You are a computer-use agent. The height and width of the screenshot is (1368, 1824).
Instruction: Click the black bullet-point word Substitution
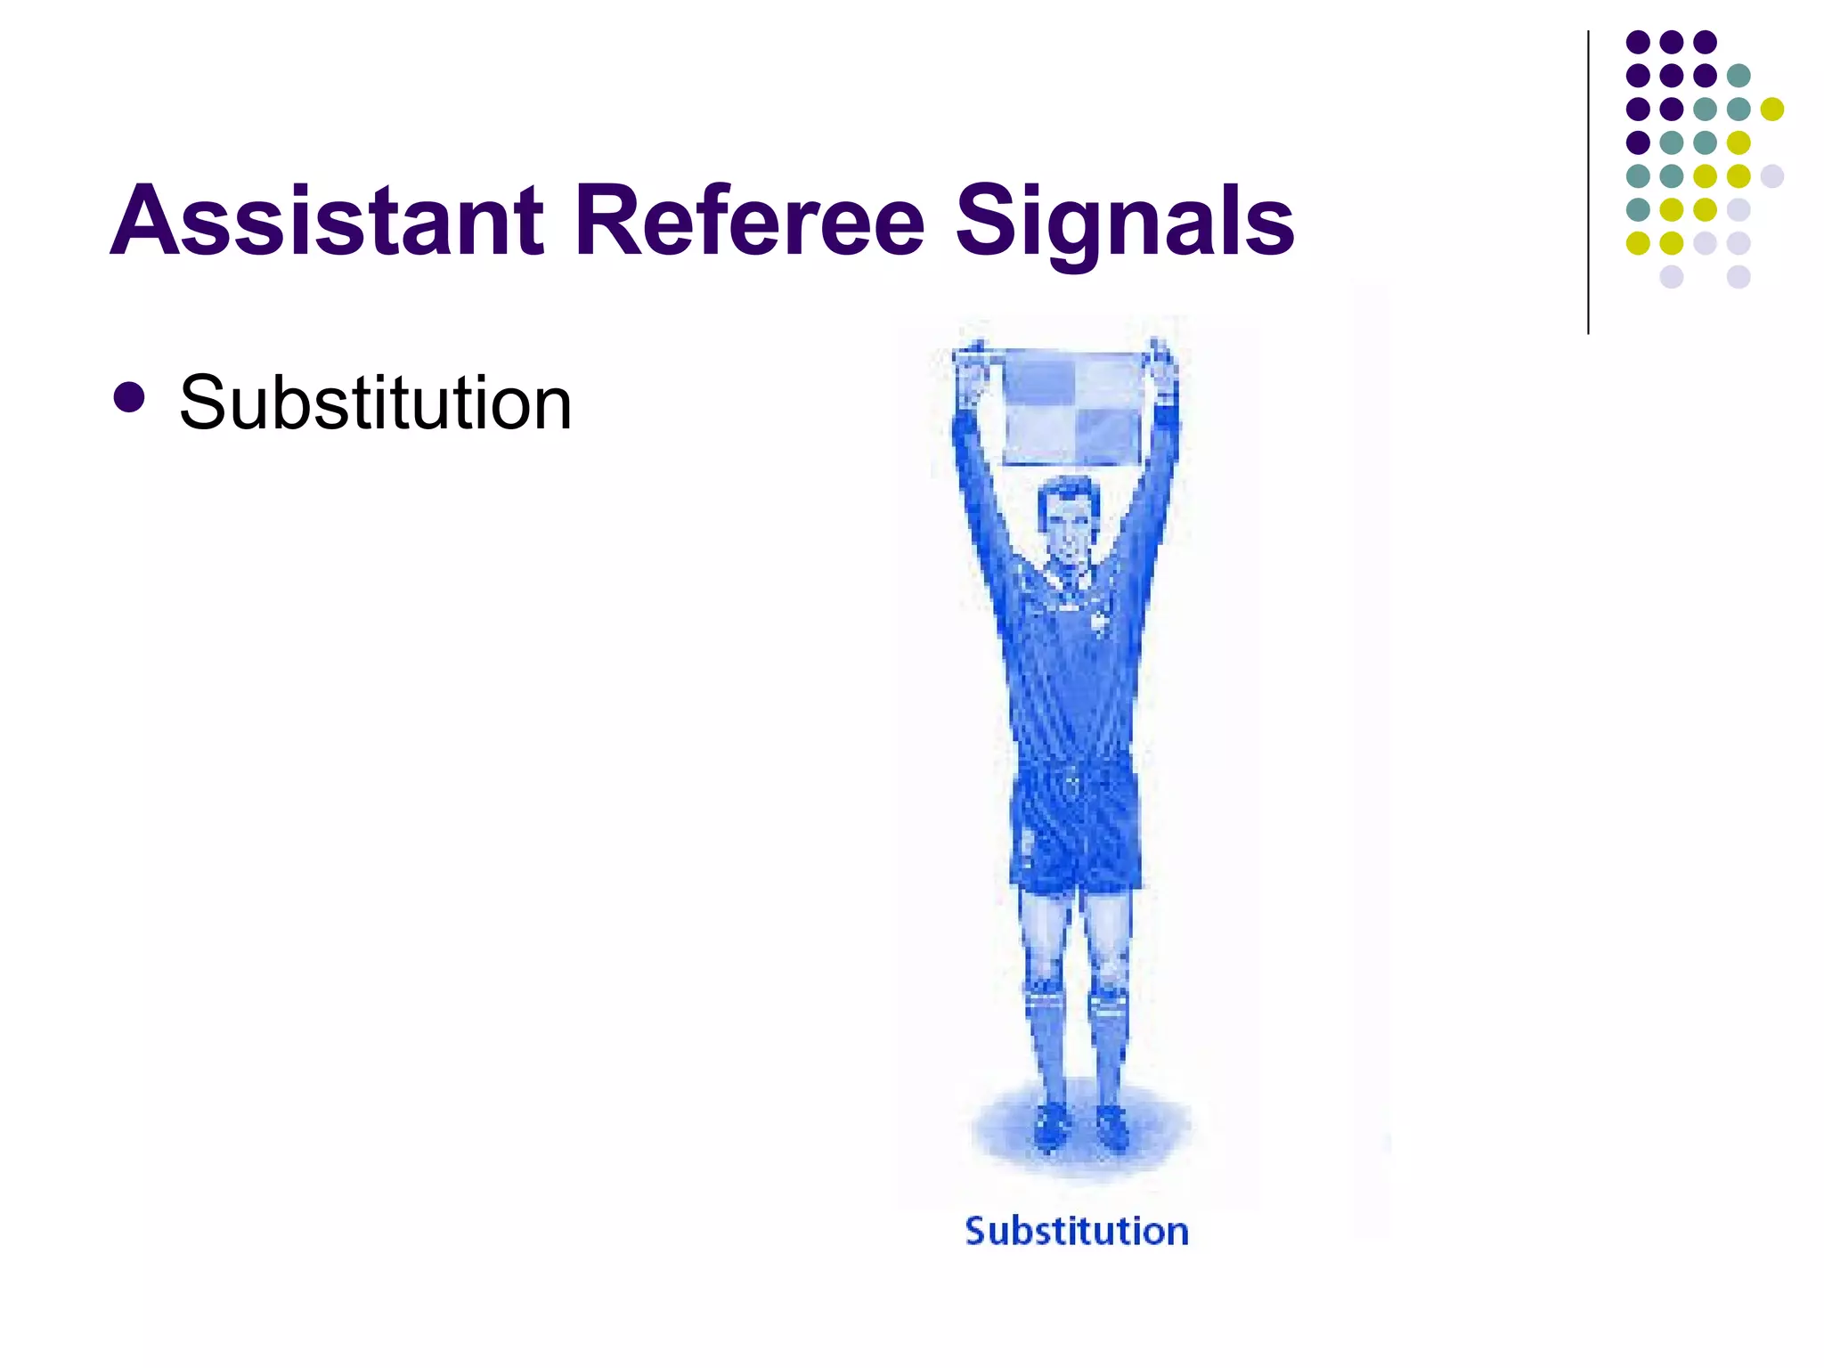(375, 403)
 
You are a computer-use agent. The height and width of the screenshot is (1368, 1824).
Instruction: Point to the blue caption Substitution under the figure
(1076, 1231)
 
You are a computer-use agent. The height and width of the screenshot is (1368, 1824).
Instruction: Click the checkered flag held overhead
(1072, 408)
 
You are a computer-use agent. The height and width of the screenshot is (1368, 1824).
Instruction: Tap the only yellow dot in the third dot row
(1771, 109)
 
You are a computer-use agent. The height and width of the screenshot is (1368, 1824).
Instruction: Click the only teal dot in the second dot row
(1738, 76)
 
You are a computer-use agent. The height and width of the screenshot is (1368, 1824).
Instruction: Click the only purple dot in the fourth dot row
(1638, 142)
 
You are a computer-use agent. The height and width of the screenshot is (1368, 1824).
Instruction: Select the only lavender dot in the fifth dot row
(1771, 176)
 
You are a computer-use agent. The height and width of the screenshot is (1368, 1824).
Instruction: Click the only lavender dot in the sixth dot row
(1738, 210)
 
